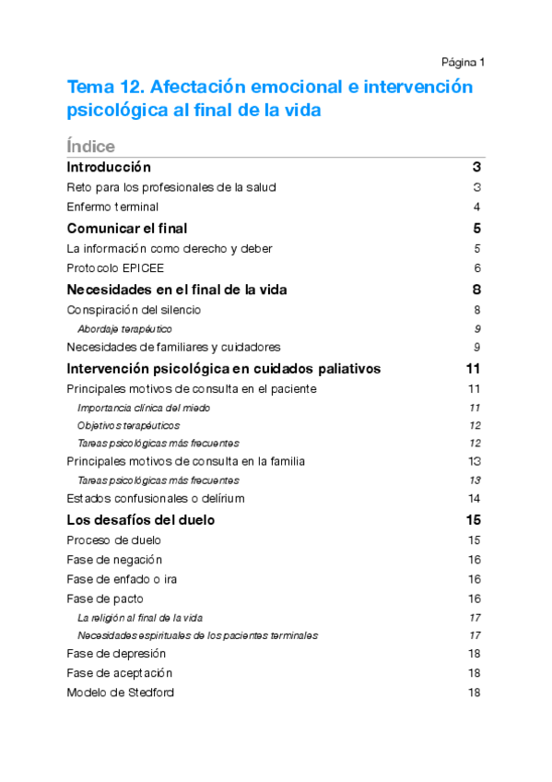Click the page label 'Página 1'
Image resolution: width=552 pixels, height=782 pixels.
pos(463,63)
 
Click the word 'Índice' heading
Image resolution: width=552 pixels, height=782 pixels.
pos(90,147)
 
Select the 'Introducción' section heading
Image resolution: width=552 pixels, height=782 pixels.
pos(109,168)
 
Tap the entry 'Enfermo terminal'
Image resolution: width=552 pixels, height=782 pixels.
pos(112,207)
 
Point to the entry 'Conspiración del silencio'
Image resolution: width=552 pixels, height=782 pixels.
pos(134,310)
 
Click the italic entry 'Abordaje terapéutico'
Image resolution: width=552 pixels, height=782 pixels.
pos(124,328)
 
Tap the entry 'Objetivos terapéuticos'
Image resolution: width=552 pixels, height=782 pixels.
pos(128,425)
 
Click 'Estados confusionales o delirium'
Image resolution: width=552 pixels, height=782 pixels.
pos(156,499)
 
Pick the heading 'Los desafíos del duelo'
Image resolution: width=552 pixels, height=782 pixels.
pos(141,520)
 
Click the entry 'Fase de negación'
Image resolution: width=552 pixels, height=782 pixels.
pos(114,560)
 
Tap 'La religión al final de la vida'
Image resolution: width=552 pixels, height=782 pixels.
pos(140,617)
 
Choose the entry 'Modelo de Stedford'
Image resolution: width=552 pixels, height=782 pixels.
pos(120,693)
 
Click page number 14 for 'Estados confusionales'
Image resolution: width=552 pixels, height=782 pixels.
pos(475,499)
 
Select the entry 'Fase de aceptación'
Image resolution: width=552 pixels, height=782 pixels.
pos(119,673)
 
